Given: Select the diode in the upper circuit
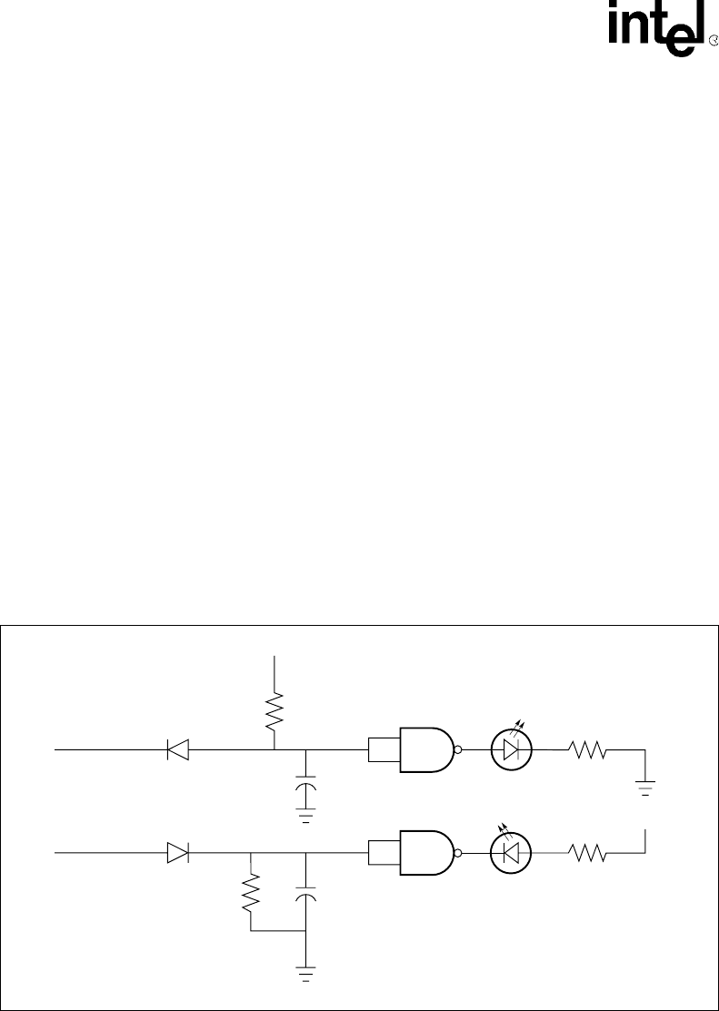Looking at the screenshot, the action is click(177, 750).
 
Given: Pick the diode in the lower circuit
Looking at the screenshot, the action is click(177, 853).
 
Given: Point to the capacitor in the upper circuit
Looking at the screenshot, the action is click(306, 784).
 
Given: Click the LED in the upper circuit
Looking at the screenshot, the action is click(511, 749).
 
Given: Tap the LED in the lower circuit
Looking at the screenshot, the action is click(511, 852).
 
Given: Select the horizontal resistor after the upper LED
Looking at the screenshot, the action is click(587, 750).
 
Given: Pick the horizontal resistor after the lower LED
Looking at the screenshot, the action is click(587, 853).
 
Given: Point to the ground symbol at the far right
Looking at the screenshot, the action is click(646, 788).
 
